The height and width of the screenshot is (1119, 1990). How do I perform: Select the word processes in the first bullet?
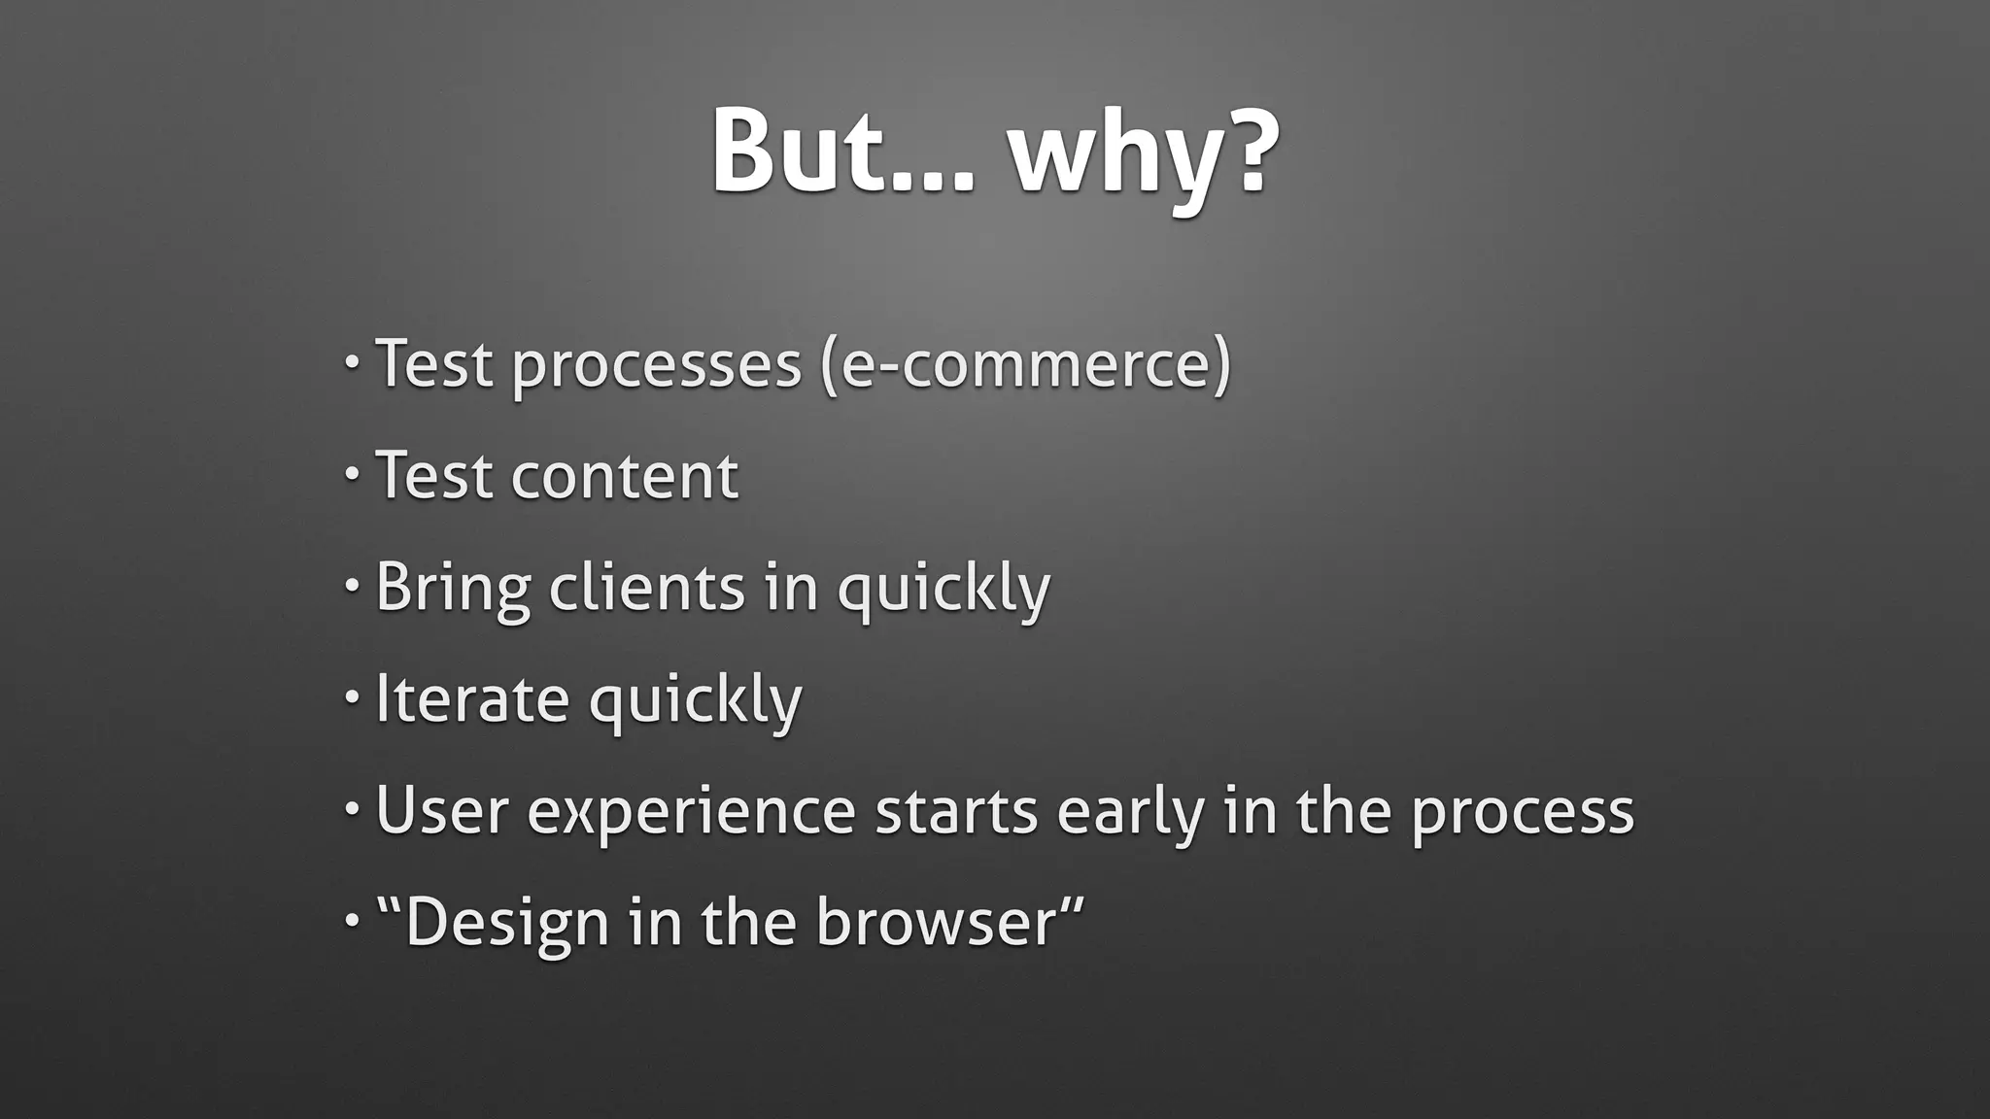click(657, 365)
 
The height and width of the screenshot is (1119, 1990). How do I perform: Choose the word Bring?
click(453, 589)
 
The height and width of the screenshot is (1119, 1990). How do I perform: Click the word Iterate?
click(472, 698)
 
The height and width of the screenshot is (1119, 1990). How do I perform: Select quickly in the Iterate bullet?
click(696, 700)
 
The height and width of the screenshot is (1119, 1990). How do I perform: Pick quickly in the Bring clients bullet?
click(944, 590)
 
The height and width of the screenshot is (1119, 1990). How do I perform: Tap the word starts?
click(956, 812)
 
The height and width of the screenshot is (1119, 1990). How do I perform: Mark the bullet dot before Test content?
click(352, 474)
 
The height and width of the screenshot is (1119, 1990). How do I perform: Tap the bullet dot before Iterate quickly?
click(352, 695)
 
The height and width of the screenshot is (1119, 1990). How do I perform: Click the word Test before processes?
click(433, 363)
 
